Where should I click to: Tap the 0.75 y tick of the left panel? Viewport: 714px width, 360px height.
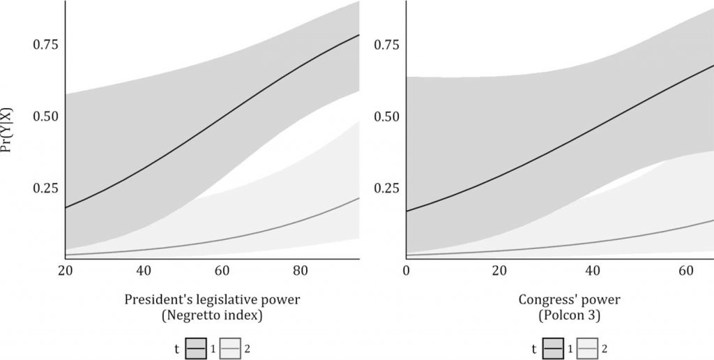[45, 45]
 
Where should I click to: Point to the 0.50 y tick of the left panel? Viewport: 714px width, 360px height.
[45, 117]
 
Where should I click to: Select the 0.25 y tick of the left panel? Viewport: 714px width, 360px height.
[45, 188]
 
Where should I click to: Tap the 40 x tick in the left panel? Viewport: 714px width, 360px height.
[144, 271]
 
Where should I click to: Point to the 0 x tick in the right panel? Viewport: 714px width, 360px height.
[406, 271]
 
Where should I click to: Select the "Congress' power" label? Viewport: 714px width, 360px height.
[569, 300]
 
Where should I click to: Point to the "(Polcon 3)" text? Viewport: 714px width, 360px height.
[569, 317]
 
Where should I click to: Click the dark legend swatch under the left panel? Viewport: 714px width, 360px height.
[195, 347]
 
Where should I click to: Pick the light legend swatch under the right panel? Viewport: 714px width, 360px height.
[588, 347]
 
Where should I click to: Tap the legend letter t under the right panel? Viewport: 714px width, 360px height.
[534, 347]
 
